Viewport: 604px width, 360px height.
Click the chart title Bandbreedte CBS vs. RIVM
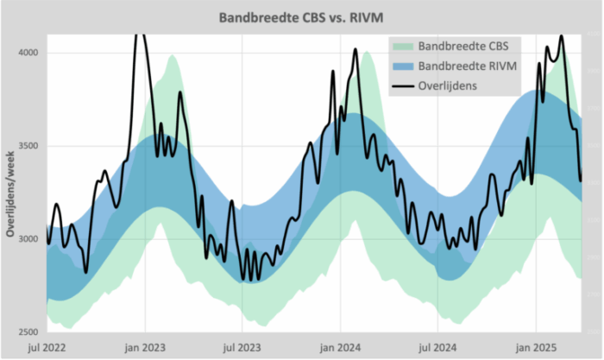click(x=302, y=17)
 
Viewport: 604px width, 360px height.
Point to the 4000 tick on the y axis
click(x=28, y=54)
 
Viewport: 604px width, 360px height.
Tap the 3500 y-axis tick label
click(x=28, y=147)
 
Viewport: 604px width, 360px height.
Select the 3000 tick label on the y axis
click(x=28, y=239)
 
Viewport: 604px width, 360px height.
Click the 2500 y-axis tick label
click(x=28, y=332)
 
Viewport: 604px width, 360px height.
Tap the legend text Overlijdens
click(x=449, y=86)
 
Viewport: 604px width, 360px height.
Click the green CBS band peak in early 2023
click(x=173, y=57)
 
